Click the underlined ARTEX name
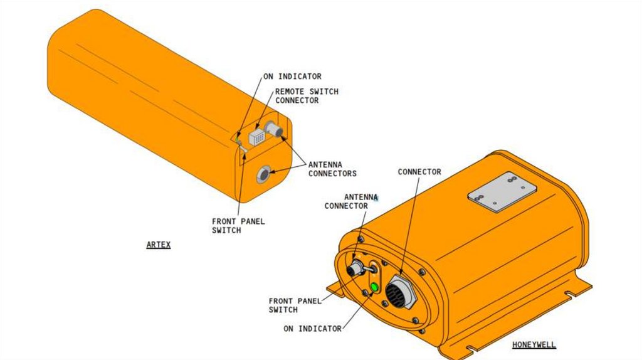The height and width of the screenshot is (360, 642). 159,245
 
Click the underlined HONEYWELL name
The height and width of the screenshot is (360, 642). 534,345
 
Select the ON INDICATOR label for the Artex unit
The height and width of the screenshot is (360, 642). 292,77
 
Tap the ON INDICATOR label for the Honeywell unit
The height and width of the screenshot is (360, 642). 312,329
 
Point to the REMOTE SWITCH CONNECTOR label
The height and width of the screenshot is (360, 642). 307,96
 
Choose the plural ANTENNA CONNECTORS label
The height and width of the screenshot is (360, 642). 332,169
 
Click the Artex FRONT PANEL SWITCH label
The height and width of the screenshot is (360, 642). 238,226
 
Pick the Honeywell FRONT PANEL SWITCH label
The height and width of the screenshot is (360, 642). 295,305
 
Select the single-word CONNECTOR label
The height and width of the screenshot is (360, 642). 419,172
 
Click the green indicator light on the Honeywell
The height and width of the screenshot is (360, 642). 374,287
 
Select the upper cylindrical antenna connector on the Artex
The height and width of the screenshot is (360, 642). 274,130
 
